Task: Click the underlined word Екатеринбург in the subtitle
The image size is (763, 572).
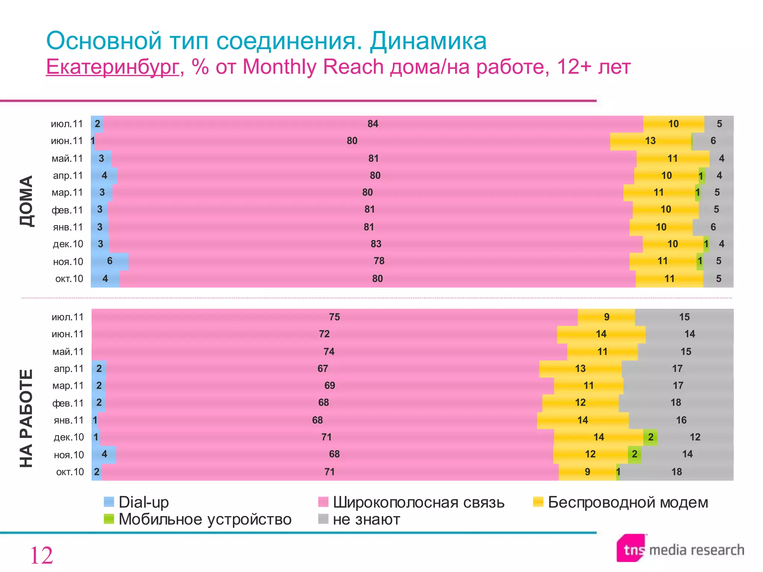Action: [x=112, y=67]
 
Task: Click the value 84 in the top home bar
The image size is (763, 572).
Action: [x=373, y=124]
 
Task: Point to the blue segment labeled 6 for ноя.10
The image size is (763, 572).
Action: [x=110, y=261]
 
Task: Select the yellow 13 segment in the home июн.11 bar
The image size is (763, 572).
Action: [x=650, y=141]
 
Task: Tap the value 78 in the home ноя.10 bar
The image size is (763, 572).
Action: [x=379, y=261]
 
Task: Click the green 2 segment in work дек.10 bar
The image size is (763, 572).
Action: [x=650, y=437]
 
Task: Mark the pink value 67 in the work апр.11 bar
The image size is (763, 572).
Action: [x=323, y=369]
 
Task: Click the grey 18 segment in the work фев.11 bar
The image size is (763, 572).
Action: [x=675, y=403]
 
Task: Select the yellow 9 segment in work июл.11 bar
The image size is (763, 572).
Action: [x=607, y=317]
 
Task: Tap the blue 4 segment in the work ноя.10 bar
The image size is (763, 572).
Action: [x=104, y=454]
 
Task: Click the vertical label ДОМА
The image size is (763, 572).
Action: [x=26, y=201]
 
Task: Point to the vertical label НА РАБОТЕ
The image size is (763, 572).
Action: [x=26, y=418]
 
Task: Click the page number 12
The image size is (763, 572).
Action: [x=41, y=556]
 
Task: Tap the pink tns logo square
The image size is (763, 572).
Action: [x=631, y=549]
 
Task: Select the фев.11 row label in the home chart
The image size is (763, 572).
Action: [x=67, y=210]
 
